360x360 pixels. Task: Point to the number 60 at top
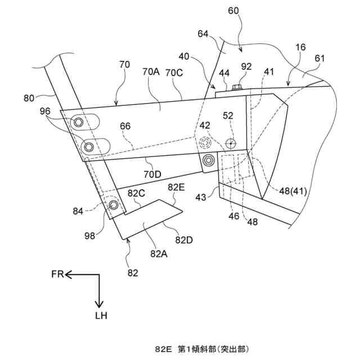233,10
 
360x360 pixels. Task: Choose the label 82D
184,241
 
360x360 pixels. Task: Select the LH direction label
100,316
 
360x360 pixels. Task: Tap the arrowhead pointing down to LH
99,303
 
